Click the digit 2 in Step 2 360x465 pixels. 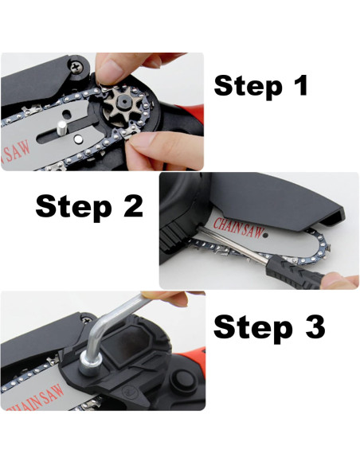[134, 206]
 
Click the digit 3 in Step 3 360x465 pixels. [315, 327]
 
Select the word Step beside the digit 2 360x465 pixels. [73, 208]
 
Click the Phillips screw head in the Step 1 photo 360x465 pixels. [77, 66]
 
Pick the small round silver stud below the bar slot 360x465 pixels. [78, 139]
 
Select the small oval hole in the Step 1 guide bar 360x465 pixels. [67, 114]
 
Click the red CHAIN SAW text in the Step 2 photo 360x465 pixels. [239, 228]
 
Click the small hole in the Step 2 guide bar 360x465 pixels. [266, 236]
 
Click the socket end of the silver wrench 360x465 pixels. [91, 365]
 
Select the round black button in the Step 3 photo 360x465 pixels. [182, 379]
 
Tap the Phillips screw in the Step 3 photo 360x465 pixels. [87, 320]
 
